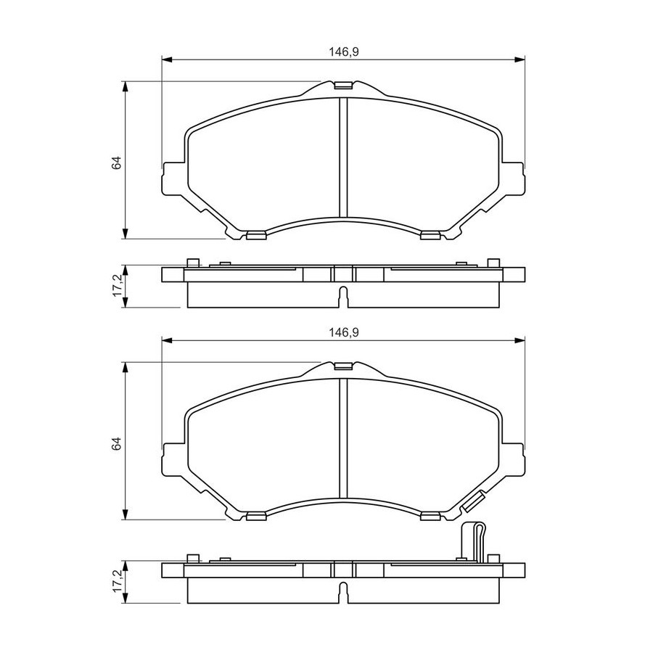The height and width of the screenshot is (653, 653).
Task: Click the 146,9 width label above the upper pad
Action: [x=344, y=52]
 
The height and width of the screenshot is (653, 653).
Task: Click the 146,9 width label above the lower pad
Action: [x=344, y=333]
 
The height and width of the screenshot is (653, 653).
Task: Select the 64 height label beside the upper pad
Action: [x=116, y=163]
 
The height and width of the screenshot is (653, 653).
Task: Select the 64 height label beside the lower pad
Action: [x=116, y=443]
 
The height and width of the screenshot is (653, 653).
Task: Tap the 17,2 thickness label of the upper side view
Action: [x=117, y=285]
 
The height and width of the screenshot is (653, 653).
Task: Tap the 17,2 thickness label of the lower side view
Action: [x=117, y=581]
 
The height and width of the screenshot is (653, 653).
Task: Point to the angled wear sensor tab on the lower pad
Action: [x=472, y=501]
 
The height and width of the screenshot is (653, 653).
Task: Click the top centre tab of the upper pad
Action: [x=344, y=86]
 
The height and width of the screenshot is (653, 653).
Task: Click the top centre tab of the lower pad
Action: [x=344, y=366]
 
